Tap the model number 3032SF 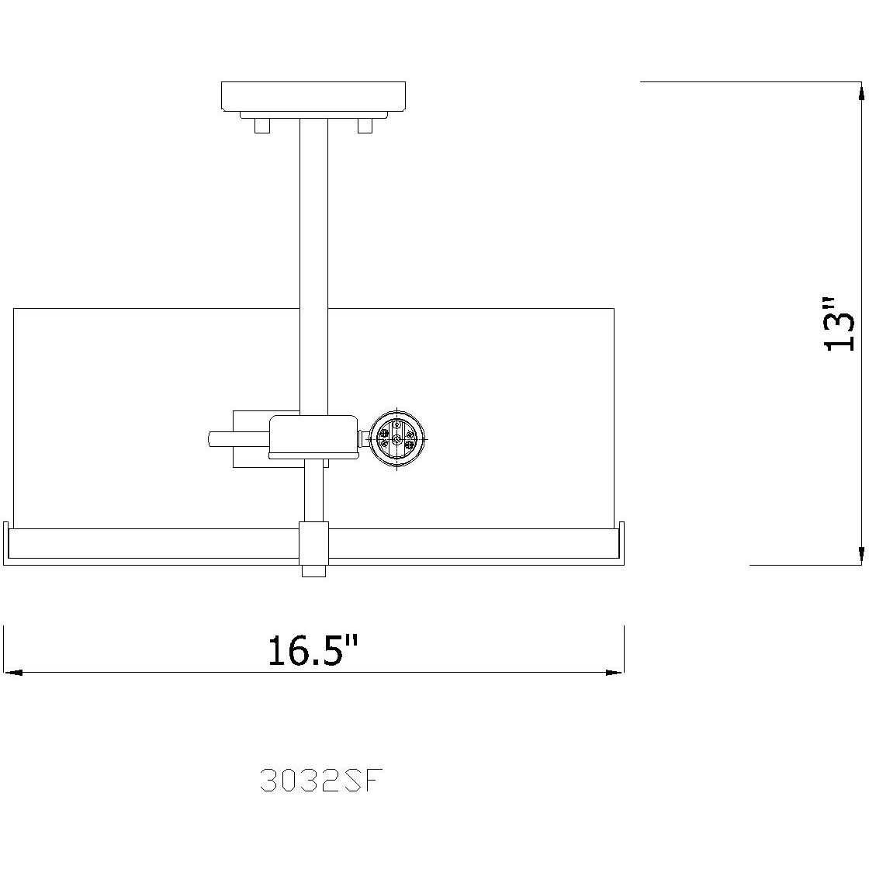click(322, 779)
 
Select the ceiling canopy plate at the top click(313, 96)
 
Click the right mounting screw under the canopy click(365, 126)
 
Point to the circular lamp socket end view click(397, 440)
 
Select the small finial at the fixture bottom click(313, 570)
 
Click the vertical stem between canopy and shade click(313, 233)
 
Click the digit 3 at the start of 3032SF click(268, 779)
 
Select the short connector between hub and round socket click(362, 440)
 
